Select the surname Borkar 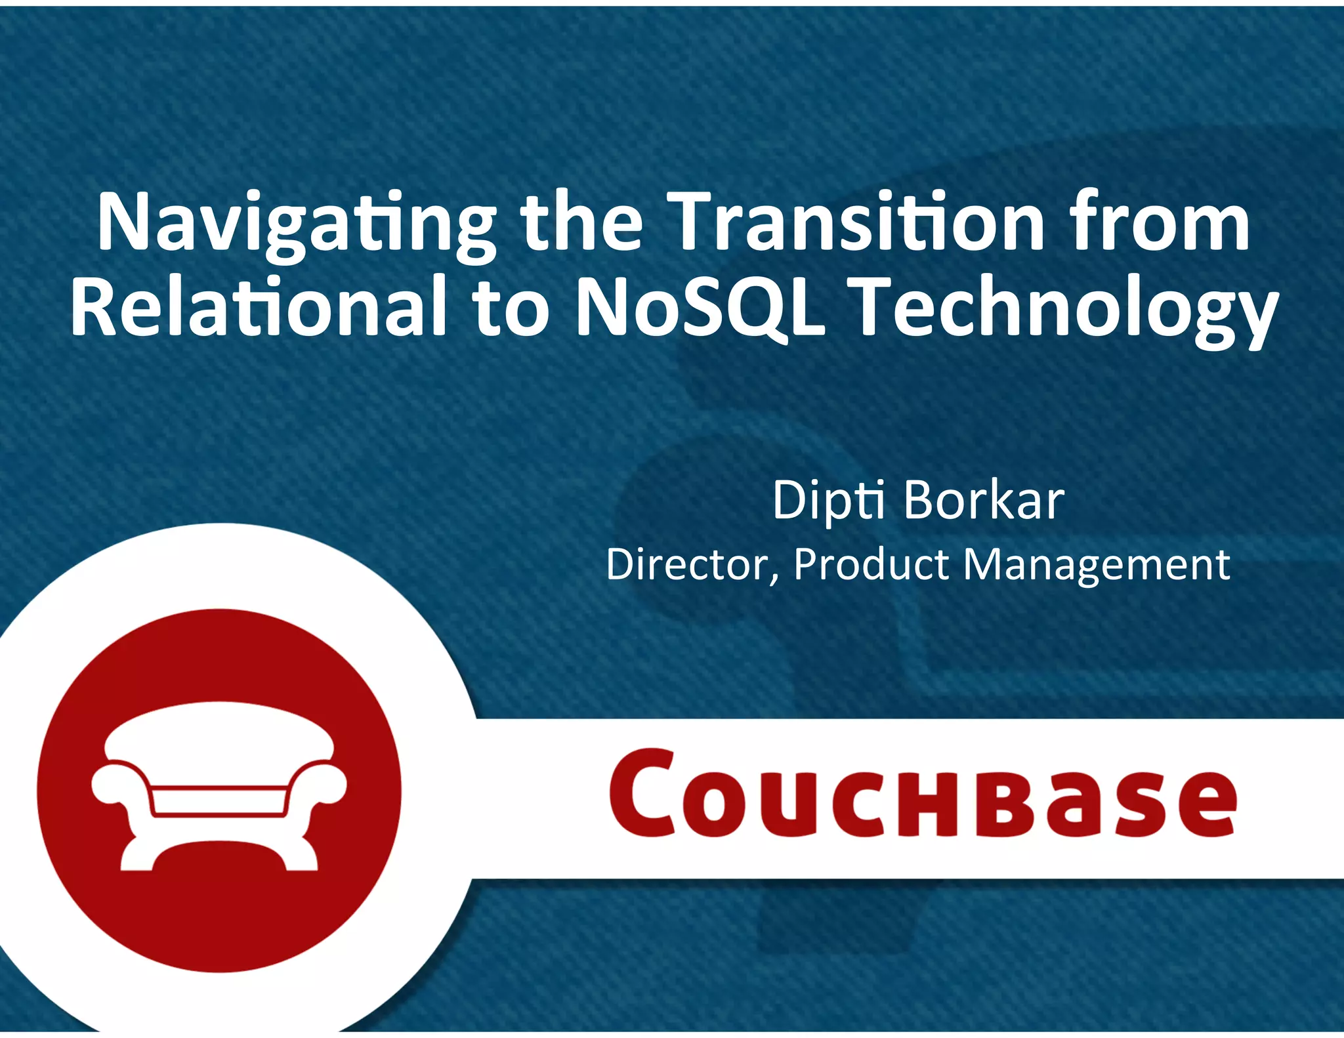click(984, 501)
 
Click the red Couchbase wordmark click(922, 794)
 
